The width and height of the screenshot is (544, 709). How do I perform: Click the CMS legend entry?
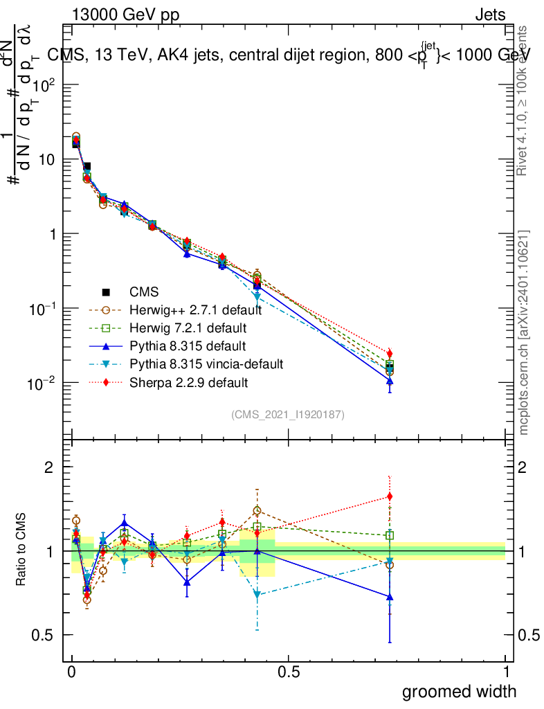[145, 292]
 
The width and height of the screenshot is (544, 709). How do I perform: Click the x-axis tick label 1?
[505, 672]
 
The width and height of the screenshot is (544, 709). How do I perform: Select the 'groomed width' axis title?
[459, 691]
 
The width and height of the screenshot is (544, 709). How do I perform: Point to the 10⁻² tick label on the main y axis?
[44, 383]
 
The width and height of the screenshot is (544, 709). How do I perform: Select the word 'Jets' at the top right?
[490, 15]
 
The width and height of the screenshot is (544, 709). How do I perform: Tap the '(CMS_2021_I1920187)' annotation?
[288, 415]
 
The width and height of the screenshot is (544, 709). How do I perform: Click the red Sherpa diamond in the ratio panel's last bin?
[390, 496]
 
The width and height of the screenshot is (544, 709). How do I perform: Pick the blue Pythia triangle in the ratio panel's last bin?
[390, 597]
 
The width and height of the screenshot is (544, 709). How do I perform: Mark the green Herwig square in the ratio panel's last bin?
[390, 535]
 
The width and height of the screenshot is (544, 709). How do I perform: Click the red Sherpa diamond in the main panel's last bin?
[390, 354]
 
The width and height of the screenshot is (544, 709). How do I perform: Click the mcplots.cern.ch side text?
[524, 332]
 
